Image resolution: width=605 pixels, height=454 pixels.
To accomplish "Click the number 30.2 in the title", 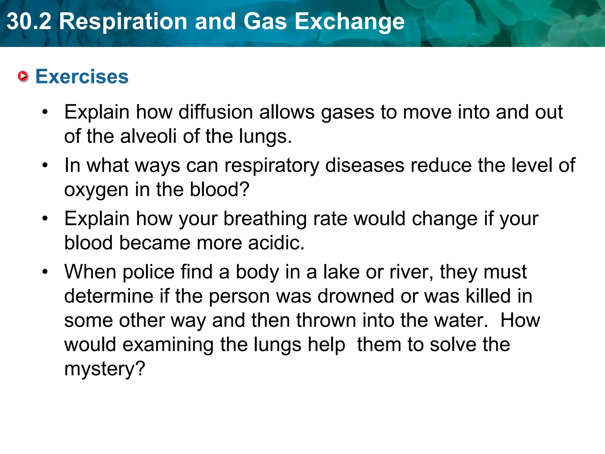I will [x=29, y=22].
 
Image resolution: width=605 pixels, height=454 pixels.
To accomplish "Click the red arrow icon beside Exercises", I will [x=23, y=77].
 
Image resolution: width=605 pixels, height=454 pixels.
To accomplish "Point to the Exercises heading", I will [x=82, y=77].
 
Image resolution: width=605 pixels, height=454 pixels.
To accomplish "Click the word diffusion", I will [x=216, y=112].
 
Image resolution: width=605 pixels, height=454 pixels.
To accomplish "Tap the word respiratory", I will [x=272, y=165].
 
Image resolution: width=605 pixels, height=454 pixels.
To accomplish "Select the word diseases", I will [x=365, y=165].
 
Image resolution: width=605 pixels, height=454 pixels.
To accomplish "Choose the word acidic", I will [x=276, y=243].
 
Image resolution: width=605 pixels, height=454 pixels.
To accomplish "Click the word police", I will [x=149, y=272].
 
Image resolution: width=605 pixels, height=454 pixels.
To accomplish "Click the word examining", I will [x=168, y=345].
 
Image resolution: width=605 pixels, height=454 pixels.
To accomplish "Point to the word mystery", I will [x=105, y=369].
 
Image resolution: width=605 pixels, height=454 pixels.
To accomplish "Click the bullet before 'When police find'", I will [x=45, y=272].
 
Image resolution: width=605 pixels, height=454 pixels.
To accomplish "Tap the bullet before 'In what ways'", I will [x=45, y=165].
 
